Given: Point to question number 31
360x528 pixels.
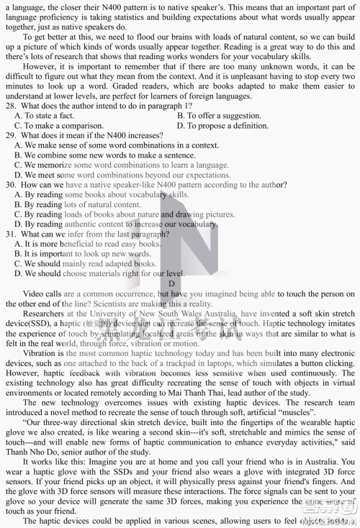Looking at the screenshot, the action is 9,234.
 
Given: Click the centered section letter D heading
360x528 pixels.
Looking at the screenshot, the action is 172,283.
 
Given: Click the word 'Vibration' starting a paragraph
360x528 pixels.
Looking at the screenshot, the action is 39,355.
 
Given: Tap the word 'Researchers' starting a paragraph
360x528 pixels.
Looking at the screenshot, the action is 43,314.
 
